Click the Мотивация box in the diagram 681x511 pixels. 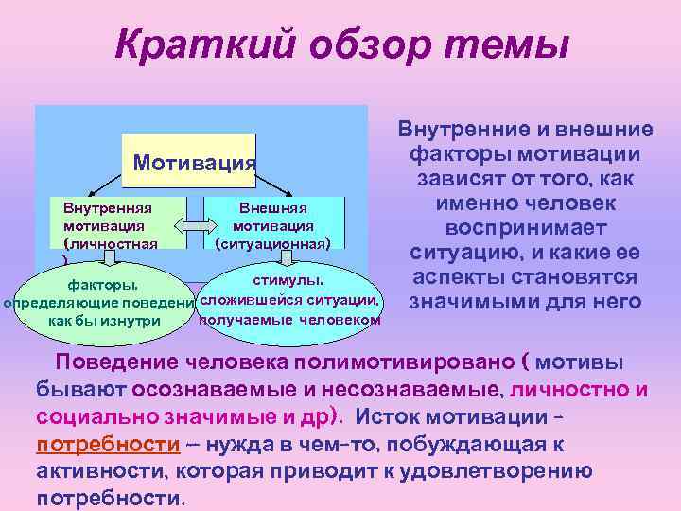coord(194,163)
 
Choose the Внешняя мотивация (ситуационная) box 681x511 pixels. coord(274,224)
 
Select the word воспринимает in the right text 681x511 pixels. coord(524,228)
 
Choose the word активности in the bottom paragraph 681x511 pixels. coord(90,471)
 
